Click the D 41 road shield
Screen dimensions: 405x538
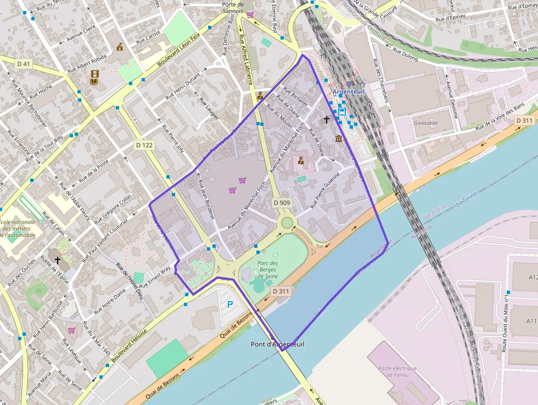(x=24, y=64)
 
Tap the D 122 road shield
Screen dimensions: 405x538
(x=144, y=145)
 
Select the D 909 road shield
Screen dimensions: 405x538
(x=282, y=203)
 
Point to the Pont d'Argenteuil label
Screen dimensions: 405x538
(x=277, y=344)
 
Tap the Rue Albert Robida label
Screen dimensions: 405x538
(x=87, y=64)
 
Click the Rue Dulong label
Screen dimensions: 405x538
(x=405, y=55)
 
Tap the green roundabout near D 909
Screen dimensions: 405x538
(x=287, y=223)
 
